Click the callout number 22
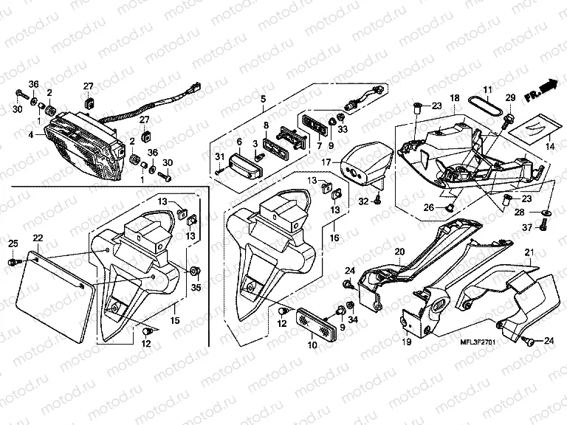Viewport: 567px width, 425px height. coord(37,237)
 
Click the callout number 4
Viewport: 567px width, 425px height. coord(31,135)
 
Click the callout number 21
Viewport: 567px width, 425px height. coord(529,254)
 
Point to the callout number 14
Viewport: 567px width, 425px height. coord(549,148)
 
